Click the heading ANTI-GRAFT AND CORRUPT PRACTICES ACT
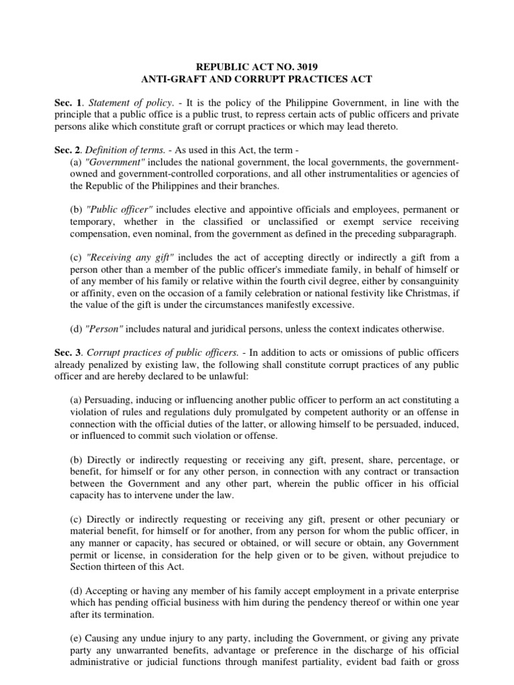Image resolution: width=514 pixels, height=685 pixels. point(257,79)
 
